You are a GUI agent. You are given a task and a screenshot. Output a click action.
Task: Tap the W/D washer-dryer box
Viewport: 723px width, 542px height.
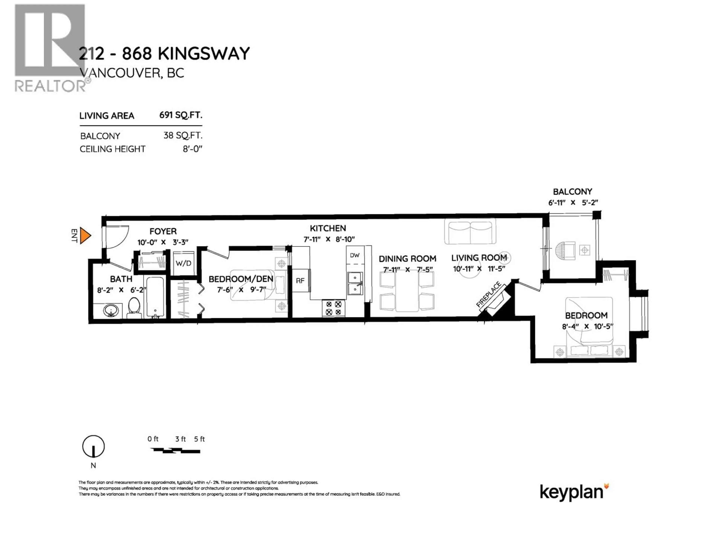pos(183,263)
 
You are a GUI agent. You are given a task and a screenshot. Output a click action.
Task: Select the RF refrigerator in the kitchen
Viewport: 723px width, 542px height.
pos(300,280)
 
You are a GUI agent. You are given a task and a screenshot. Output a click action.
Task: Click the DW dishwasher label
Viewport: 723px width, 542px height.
pos(355,255)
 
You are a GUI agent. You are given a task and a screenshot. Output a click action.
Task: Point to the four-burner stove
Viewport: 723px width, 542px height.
pos(334,308)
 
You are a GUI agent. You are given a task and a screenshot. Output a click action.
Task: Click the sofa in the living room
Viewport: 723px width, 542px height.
pos(470,232)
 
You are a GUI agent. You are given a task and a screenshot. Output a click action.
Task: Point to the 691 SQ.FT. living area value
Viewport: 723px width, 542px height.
pos(181,115)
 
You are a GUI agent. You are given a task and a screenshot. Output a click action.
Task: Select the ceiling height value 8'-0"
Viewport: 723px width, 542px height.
pos(192,149)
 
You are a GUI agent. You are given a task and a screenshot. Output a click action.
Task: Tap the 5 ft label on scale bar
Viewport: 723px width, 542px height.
pos(199,439)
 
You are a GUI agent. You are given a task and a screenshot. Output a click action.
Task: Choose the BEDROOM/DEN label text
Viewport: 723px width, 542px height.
pos(241,279)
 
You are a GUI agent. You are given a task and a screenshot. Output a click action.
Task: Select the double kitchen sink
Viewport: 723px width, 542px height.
pos(355,283)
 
